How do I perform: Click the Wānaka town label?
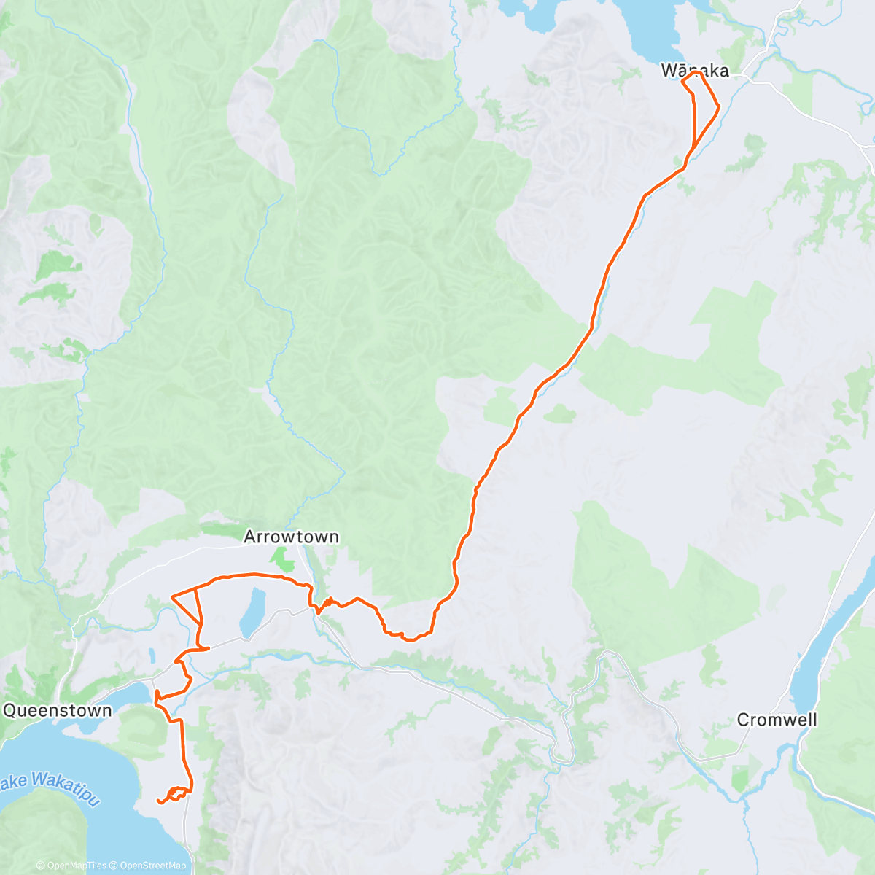(694, 71)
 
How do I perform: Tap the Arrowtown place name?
(291, 537)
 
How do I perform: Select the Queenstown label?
(58, 711)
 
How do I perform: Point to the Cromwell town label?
(777, 720)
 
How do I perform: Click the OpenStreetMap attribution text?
(152, 866)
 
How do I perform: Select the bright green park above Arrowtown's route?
(280, 560)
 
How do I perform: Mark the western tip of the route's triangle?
(171, 597)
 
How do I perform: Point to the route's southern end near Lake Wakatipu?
(159, 801)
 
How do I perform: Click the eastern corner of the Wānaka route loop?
(720, 107)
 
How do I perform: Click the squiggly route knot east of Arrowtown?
(326, 604)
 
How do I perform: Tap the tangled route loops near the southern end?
(177, 793)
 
